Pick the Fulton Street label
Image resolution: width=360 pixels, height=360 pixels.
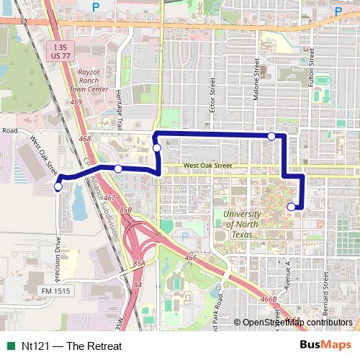coord(312,68)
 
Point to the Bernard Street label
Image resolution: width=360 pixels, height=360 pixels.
coord(326,292)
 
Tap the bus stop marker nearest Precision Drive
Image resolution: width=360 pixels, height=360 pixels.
coord(58,187)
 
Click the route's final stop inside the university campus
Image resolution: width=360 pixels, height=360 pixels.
coord(291,207)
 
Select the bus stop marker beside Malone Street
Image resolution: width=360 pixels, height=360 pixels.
coord(271,136)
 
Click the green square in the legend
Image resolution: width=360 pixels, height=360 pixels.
coord(10,346)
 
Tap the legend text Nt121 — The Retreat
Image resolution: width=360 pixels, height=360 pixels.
coord(71,346)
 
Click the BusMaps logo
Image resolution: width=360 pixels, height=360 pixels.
coord(325,345)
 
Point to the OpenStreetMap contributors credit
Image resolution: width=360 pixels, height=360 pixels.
coord(297,323)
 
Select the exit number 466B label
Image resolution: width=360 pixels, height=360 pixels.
coord(268,299)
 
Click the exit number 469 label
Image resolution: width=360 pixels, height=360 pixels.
coord(76,102)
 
